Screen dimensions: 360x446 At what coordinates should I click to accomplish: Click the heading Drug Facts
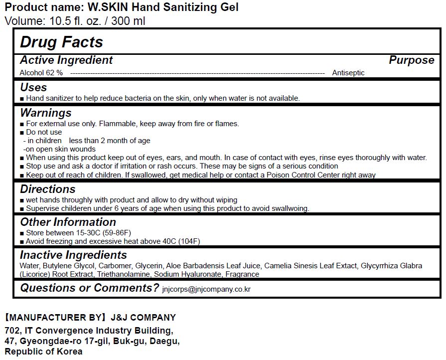[x=61, y=42]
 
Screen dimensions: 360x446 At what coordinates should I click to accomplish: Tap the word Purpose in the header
[x=411, y=60]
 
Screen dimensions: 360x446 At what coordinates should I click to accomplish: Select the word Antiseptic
[x=348, y=73]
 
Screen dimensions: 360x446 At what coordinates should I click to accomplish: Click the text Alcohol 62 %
[x=41, y=73]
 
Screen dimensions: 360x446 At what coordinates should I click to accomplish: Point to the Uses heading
[x=33, y=87]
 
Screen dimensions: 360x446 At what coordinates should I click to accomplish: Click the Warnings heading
[x=46, y=113]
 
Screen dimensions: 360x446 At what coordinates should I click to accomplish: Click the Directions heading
[x=48, y=189]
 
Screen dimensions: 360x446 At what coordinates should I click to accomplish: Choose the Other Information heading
[x=68, y=222]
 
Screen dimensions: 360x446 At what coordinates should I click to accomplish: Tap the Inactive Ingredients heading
[x=73, y=255]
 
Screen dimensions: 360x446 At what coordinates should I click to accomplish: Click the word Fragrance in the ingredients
[x=242, y=274]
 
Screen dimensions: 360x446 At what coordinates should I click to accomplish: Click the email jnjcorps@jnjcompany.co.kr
[x=206, y=289]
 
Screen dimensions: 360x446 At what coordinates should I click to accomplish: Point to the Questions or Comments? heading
[x=89, y=288]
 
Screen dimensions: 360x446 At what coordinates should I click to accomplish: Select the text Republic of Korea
[x=43, y=352]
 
